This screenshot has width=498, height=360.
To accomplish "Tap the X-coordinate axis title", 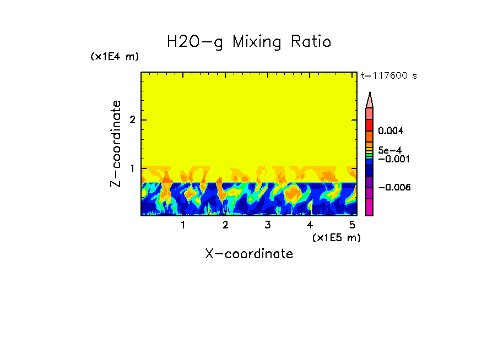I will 249,254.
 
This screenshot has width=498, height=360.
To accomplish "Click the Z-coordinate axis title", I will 116,144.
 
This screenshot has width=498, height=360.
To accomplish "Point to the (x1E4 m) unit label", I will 115,57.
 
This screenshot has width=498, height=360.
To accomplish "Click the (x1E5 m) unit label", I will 336,237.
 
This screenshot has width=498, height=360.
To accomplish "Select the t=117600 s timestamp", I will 388,75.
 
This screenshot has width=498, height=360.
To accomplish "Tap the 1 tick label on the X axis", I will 183,225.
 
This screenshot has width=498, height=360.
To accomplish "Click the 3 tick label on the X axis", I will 268,225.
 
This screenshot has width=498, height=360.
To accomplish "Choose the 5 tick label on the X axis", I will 352,225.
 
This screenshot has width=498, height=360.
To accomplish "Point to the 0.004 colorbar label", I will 391,131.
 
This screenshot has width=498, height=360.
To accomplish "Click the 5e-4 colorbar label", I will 390,150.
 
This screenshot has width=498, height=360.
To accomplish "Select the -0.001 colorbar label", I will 392,159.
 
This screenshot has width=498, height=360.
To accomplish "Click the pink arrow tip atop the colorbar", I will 370,100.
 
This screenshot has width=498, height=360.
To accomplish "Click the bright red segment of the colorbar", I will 370,125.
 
